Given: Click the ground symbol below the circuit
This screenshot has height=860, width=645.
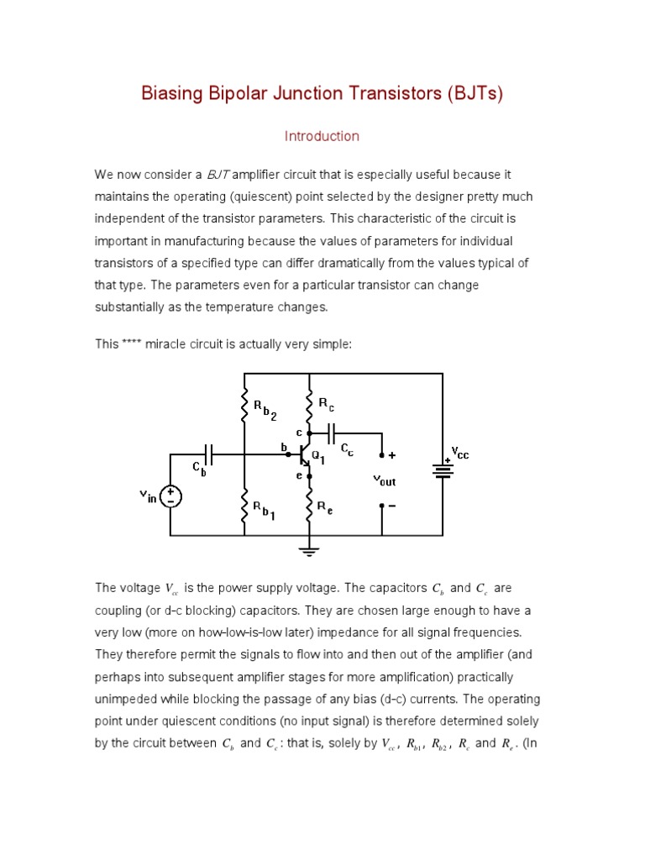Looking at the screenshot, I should [309, 551].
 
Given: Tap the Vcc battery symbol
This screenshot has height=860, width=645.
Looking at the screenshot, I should [443, 471].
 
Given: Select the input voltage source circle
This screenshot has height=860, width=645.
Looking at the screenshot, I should [170, 496].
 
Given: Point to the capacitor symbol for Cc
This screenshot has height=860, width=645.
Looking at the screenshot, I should [332, 433].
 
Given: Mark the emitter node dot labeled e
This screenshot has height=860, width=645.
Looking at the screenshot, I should [309, 476].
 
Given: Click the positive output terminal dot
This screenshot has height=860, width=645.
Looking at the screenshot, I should [382, 455].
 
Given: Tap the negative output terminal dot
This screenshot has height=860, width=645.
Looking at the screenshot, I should [382, 506].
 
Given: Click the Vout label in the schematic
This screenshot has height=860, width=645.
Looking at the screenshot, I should [384, 481].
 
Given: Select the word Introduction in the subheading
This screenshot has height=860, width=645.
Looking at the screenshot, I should [322, 136].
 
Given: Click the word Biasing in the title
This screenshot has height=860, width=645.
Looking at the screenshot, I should [172, 93].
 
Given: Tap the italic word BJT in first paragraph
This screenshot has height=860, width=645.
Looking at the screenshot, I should [218, 175].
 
